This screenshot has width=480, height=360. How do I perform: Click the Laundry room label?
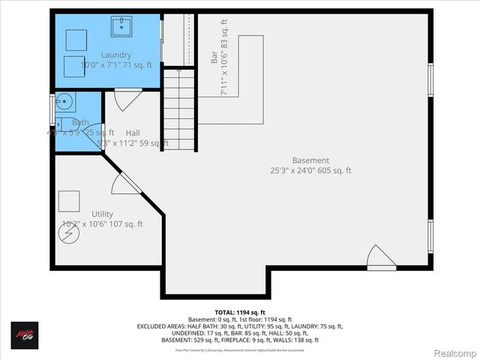tap(116, 55)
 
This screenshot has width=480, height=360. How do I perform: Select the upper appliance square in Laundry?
tap(76, 39)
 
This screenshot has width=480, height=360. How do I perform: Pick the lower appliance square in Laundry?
tap(73, 65)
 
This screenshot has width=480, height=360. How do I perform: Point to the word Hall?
tap(133, 133)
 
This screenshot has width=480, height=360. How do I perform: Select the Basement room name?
tap(310, 160)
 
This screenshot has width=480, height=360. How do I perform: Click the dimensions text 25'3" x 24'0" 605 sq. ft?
tap(310, 171)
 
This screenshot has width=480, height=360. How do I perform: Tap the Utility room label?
tap(103, 214)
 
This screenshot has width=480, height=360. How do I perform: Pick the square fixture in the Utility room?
tap(69, 201)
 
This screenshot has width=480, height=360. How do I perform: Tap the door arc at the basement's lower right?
tap(381, 257)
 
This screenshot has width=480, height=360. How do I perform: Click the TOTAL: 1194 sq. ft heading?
tap(240, 312)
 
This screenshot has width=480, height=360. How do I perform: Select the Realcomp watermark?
tap(453, 351)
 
